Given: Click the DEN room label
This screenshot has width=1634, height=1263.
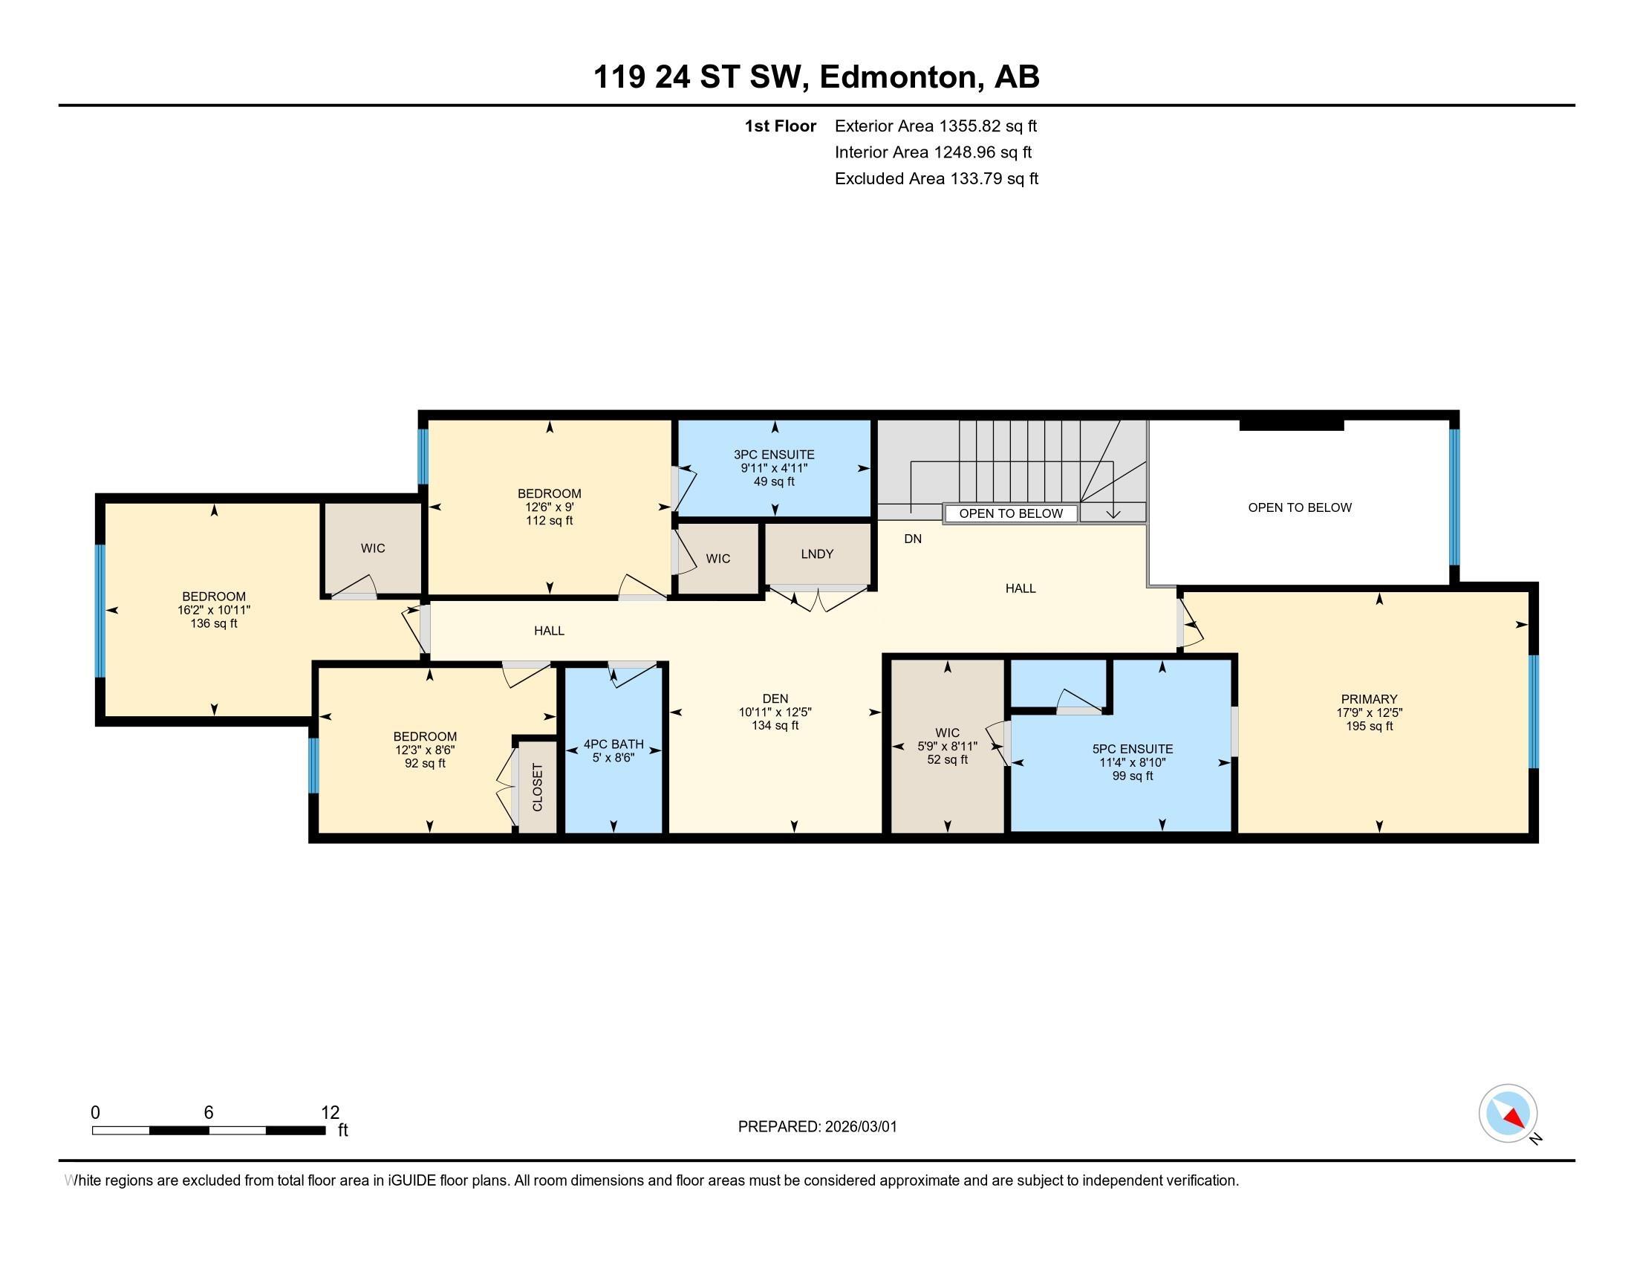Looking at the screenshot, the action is click(x=775, y=699).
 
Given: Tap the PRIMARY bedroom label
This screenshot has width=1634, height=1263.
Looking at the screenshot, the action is click(x=1369, y=700).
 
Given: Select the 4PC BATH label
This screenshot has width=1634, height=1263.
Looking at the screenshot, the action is click(x=613, y=744).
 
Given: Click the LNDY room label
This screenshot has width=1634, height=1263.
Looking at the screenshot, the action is click(x=817, y=554).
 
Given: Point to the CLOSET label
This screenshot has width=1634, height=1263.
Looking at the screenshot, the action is click(x=537, y=787).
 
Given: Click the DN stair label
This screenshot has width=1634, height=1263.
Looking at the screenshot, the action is click(x=913, y=539).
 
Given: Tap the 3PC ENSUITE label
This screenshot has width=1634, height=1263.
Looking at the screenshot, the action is click(x=774, y=455).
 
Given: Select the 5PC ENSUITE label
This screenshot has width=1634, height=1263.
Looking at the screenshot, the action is click(x=1133, y=749).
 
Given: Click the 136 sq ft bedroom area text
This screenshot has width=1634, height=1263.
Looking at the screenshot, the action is click(x=214, y=623).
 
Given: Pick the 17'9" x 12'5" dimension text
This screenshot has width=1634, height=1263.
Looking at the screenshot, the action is click(x=1369, y=713).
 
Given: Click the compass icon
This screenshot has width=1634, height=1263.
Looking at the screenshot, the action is click(x=1508, y=1114).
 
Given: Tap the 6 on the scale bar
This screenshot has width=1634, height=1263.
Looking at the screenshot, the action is click(x=209, y=1113).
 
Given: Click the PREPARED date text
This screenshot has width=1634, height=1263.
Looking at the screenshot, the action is click(x=817, y=1127).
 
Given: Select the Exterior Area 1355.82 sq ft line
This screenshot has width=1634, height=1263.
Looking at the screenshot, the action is click(x=936, y=126).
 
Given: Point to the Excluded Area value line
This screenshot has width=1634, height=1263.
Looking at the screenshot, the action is click(x=937, y=178).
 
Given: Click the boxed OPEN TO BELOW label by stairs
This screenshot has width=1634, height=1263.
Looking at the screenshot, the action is click(x=1011, y=513).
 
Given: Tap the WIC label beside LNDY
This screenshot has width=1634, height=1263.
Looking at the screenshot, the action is click(x=718, y=559).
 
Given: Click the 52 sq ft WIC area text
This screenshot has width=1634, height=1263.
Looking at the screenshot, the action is click(x=947, y=759).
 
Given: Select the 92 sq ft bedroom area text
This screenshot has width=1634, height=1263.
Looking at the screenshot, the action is click(x=425, y=763).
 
